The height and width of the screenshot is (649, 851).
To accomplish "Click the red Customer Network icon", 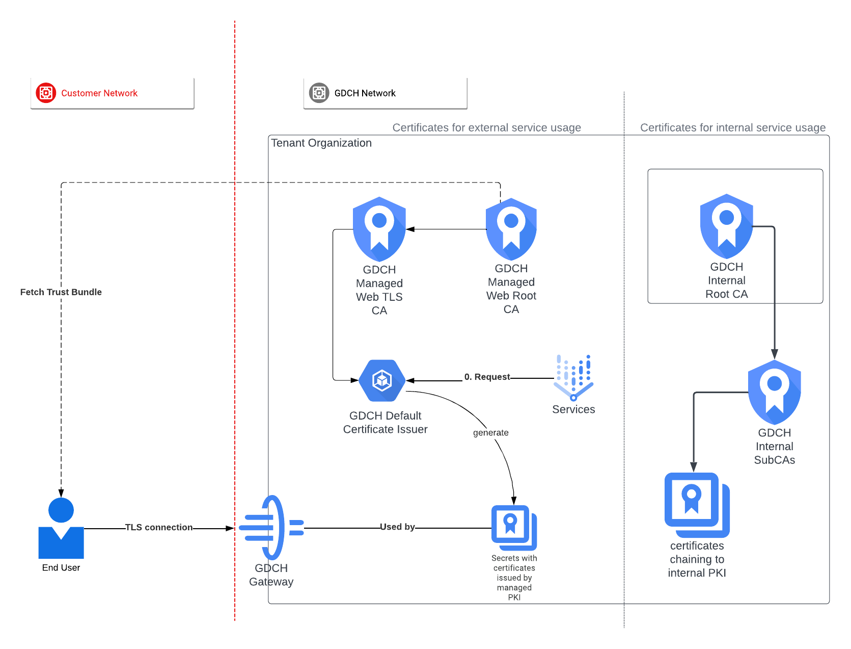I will tap(46, 93).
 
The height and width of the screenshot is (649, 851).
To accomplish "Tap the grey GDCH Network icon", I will tap(319, 93).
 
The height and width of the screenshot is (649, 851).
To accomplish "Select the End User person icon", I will tap(61, 528).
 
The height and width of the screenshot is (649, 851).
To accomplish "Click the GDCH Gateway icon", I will tap(271, 528).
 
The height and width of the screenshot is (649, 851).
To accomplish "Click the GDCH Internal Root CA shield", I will tap(726, 226).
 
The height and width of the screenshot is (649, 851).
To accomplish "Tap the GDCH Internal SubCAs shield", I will tap(774, 392).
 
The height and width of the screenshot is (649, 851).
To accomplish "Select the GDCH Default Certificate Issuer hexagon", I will tap(382, 380).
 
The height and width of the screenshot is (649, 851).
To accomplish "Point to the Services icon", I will tap(573, 378).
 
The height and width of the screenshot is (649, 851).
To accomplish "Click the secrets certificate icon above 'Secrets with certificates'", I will tap(514, 528).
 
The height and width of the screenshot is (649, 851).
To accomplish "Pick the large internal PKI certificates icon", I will tap(697, 505).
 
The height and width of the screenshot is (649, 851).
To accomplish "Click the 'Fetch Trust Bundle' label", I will tap(61, 292).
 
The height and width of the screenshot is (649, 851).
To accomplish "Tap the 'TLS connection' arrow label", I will tap(159, 527).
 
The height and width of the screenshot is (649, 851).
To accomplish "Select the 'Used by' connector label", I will tap(397, 527).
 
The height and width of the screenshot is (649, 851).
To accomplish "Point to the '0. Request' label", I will tap(487, 377).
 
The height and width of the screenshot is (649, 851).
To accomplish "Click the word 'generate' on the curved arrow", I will tap(490, 433).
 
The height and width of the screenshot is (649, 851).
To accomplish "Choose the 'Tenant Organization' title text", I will tap(321, 143).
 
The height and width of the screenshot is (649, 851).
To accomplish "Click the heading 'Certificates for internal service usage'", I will tap(733, 127).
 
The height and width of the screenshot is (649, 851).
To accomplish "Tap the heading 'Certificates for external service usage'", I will tap(486, 127).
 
